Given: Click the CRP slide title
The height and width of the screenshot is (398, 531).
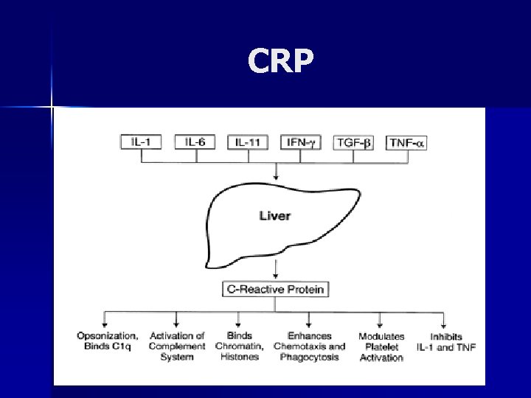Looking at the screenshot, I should tap(281, 63).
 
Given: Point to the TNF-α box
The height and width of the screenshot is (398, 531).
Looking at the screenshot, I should tap(406, 142).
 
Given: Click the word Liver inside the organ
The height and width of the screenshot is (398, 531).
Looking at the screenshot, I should tap(275, 216).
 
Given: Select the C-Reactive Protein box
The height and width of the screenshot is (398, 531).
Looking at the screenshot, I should tap(274, 289).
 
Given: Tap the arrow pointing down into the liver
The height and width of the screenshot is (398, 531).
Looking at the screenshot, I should tap(276, 170).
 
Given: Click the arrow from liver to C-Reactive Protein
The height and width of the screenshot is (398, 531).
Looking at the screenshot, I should tap(276, 268).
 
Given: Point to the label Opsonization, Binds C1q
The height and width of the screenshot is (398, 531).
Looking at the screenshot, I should tap(108, 341).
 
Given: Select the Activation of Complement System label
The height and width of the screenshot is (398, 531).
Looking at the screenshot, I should tap(177, 346).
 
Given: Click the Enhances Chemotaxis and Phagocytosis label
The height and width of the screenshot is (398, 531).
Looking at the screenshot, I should tap(309, 346).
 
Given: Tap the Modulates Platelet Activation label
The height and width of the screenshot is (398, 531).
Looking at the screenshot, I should tap(381, 347).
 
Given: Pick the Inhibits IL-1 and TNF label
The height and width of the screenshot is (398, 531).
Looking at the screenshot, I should tap(445, 342).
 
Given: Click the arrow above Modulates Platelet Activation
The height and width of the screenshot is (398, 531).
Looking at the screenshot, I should tap(381, 318).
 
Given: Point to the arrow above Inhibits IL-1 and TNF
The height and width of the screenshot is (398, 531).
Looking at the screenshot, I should tap(443, 318).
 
